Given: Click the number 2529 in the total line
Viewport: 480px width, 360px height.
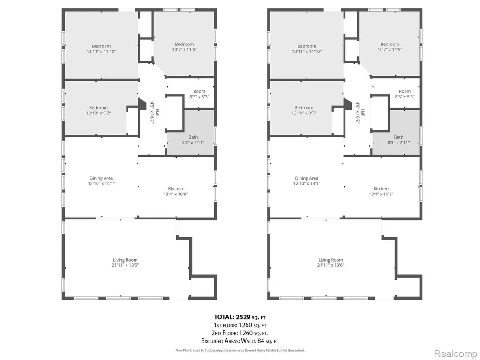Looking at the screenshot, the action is (x=243, y=317).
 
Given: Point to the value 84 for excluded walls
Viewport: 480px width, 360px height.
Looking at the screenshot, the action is (x=257, y=341).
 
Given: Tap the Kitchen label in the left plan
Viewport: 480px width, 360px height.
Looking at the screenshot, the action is (x=175, y=189).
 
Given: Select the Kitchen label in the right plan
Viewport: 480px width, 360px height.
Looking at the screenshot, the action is (x=381, y=189).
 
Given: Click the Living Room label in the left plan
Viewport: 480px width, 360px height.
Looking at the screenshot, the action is (x=125, y=260).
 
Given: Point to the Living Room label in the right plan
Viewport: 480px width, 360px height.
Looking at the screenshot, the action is (x=330, y=260).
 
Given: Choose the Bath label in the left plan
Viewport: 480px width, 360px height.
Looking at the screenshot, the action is (x=193, y=137).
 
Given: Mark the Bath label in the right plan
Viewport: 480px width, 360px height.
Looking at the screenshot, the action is (x=398, y=137).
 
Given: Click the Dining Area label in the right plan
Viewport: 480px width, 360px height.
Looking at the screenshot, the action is (x=307, y=178).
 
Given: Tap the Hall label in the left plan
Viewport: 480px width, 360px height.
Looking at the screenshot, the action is (x=157, y=112).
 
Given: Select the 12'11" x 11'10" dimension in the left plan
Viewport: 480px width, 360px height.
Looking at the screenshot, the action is (x=101, y=52).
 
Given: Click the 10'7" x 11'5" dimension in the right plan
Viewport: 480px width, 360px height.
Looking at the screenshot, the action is (x=390, y=49).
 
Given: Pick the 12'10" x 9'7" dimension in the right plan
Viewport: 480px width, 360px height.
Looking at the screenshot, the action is (x=304, y=113).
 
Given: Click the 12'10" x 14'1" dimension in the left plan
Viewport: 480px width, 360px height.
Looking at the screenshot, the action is (x=101, y=184).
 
